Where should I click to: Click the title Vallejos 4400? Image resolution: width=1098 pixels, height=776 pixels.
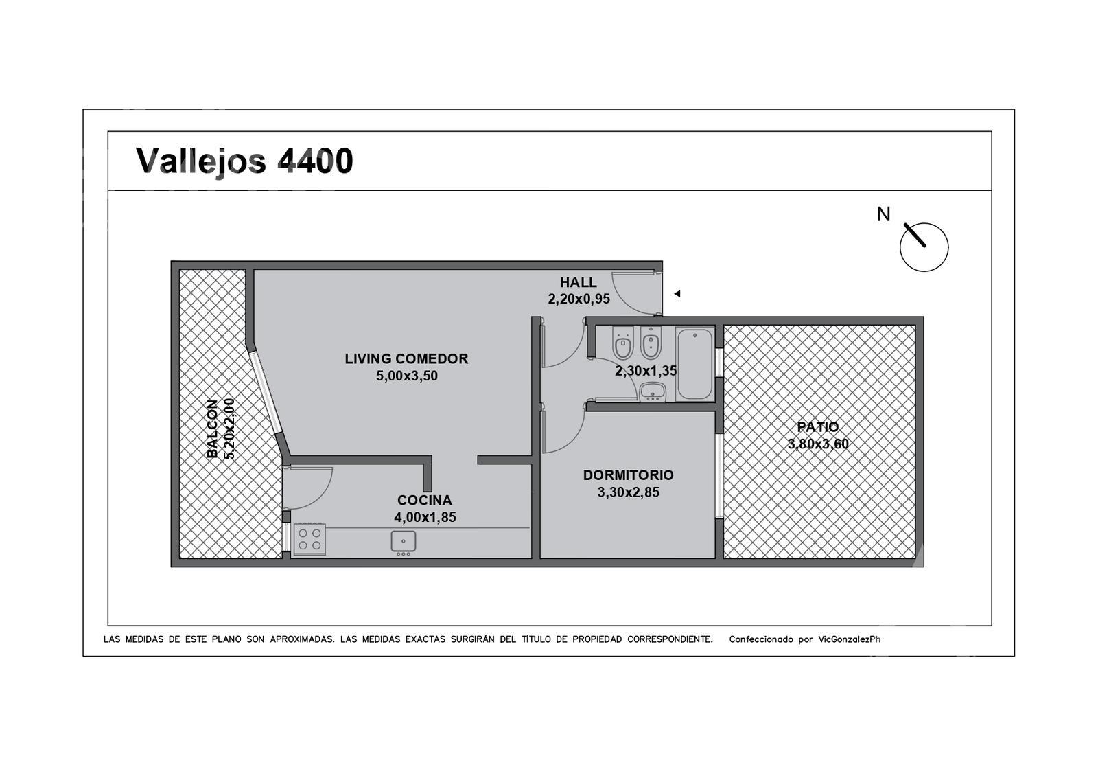[x=244, y=161]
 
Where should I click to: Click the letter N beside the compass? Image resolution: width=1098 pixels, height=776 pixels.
[x=883, y=214]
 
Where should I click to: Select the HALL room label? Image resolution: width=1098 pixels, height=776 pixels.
[x=579, y=282]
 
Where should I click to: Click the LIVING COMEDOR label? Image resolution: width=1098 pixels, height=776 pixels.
[x=406, y=359]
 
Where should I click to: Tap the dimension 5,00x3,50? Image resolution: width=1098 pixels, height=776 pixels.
[x=407, y=376]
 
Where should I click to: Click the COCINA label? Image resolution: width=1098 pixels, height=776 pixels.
[x=425, y=501]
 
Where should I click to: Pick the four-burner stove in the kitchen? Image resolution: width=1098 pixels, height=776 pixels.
[x=309, y=539]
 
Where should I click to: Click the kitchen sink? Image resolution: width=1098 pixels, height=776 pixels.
[x=404, y=543]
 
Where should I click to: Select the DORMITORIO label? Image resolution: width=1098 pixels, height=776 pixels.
[x=629, y=475]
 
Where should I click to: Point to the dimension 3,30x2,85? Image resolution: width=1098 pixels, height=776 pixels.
[x=629, y=492]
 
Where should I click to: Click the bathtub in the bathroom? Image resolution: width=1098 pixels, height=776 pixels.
[x=694, y=364]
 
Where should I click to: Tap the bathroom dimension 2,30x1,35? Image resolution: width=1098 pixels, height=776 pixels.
[x=646, y=371]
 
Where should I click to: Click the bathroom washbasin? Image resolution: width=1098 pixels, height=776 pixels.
[x=653, y=392]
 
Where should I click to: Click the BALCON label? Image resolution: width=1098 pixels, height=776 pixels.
[x=212, y=429]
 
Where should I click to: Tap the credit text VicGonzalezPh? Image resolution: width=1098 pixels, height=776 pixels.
[x=849, y=639]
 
